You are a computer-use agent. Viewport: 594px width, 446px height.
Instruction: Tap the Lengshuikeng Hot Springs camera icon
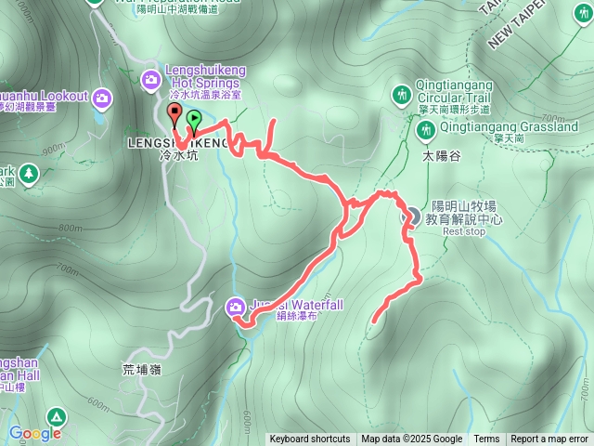[x=151, y=81]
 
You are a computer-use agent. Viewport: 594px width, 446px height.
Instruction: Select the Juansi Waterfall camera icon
[x=236, y=304]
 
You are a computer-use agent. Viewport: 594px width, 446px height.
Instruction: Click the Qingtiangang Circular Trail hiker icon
[x=401, y=94]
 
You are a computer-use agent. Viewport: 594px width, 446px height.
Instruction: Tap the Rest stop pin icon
[x=409, y=215]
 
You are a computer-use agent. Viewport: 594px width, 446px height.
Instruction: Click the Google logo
[x=35, y=433]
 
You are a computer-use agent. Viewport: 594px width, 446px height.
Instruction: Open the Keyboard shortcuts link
[x=310, y=439]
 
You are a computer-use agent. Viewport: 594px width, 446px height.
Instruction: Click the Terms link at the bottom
[x=486, y=439]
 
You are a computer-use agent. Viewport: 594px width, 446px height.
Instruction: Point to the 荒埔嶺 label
[x=141, y=369]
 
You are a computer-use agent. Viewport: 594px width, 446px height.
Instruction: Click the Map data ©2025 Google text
[x=412, y=439]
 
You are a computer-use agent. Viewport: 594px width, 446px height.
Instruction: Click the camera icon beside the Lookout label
[x=101, y=97]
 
